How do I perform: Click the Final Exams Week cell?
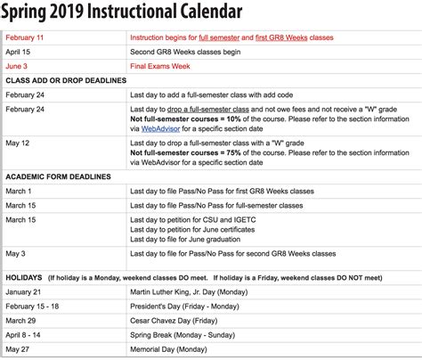(163, 65)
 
